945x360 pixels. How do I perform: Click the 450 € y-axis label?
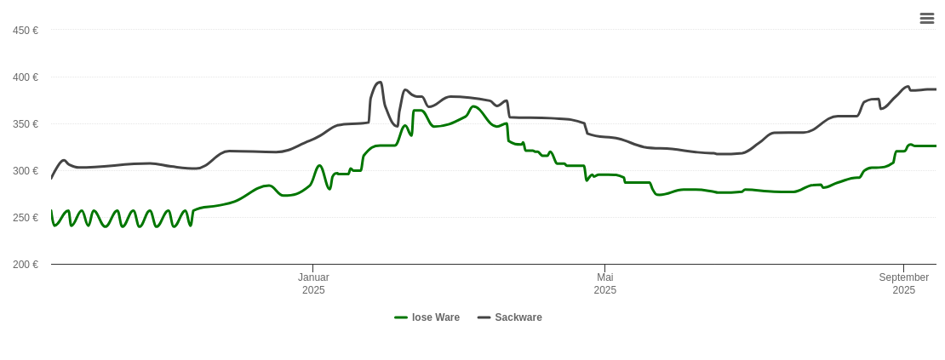(x=26, y=31)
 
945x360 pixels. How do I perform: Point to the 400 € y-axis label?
(x=26, y=77)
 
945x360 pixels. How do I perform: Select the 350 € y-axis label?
(x=26, y=124)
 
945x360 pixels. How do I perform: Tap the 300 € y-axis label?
(x=26, y=171)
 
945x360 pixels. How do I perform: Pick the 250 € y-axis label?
(x=26, y=218)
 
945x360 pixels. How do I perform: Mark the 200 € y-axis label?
(x=26, y=265)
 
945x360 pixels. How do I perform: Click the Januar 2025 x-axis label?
(x=313, y=283)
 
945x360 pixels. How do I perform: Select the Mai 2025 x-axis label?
(x=605, y=283)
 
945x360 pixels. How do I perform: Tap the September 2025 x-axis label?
(x=904, y=283)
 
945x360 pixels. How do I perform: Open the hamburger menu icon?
(x=927, y=18)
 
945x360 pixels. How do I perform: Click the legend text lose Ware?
(x=436, y=317)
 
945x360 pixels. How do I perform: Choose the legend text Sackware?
(x=518, y=317)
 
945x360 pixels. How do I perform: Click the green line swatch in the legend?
(x=401, y=317)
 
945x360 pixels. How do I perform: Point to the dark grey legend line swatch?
(x=484, y=317)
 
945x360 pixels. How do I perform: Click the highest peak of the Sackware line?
(x=380, y=83)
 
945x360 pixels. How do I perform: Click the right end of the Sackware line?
(x=936, y=89)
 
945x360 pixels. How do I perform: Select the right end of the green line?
(x=936, y=146)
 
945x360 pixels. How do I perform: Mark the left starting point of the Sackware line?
(x=52, y=178)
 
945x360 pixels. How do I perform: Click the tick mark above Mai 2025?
(x=605, y=268)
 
